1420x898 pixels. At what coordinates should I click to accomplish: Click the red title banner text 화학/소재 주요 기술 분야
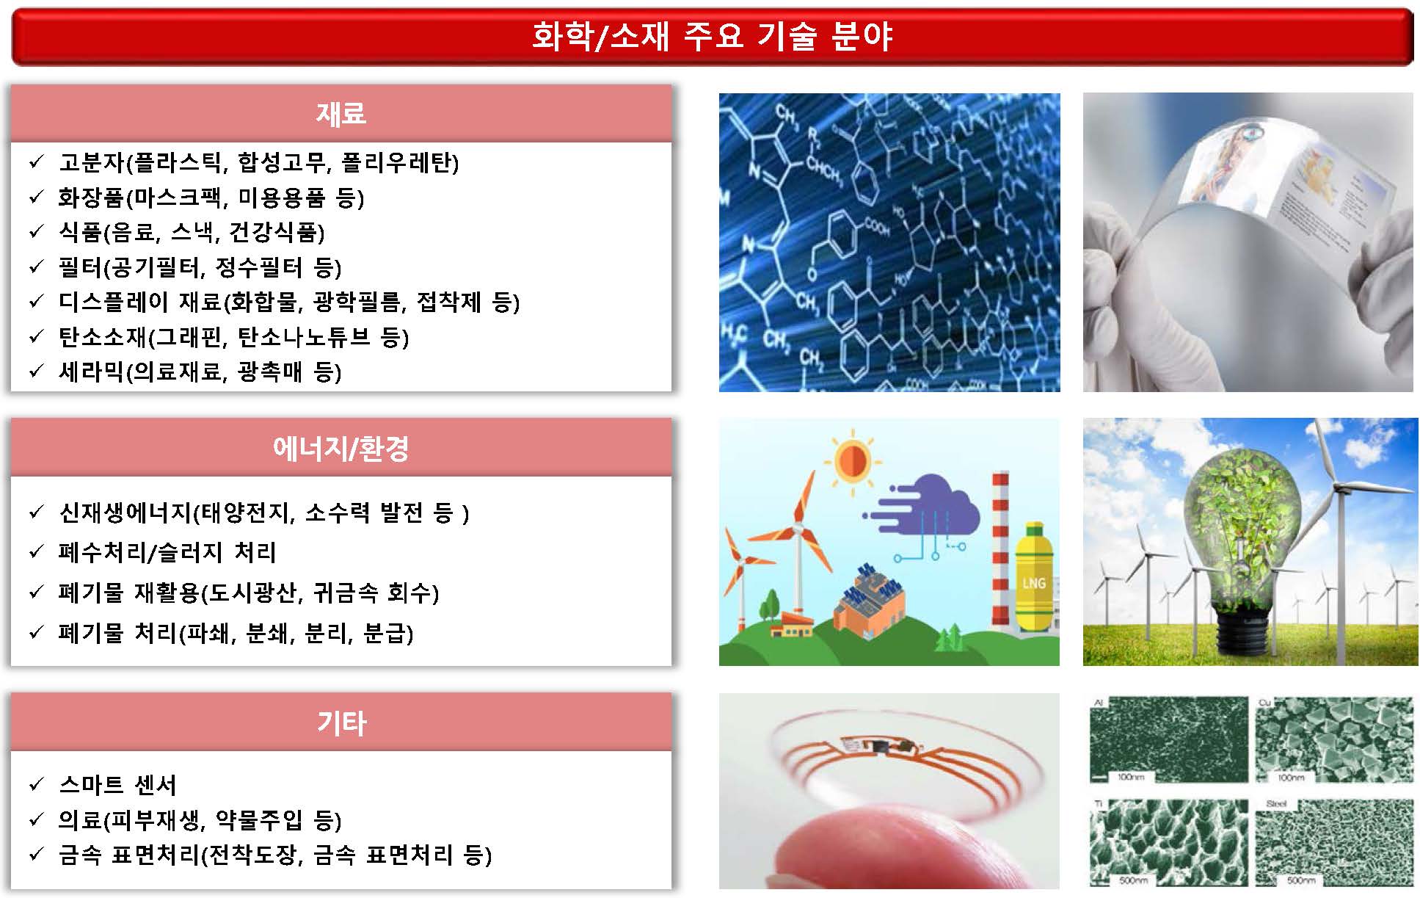711,36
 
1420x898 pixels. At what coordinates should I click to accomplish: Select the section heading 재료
341,113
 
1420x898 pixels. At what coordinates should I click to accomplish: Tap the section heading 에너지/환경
341,448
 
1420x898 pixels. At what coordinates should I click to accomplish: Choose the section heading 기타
341,723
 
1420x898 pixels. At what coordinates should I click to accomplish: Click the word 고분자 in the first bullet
92,162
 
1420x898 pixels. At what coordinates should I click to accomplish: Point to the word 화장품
92,198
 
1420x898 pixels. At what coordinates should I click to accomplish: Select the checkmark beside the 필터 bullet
36,267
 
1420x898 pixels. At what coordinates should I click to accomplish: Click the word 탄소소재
103,337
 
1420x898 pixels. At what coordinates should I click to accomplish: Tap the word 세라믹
92,372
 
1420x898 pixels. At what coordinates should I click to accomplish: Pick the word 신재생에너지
125,512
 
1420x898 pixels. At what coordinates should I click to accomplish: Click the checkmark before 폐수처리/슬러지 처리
36,552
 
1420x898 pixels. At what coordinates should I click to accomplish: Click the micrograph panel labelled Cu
1334,740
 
